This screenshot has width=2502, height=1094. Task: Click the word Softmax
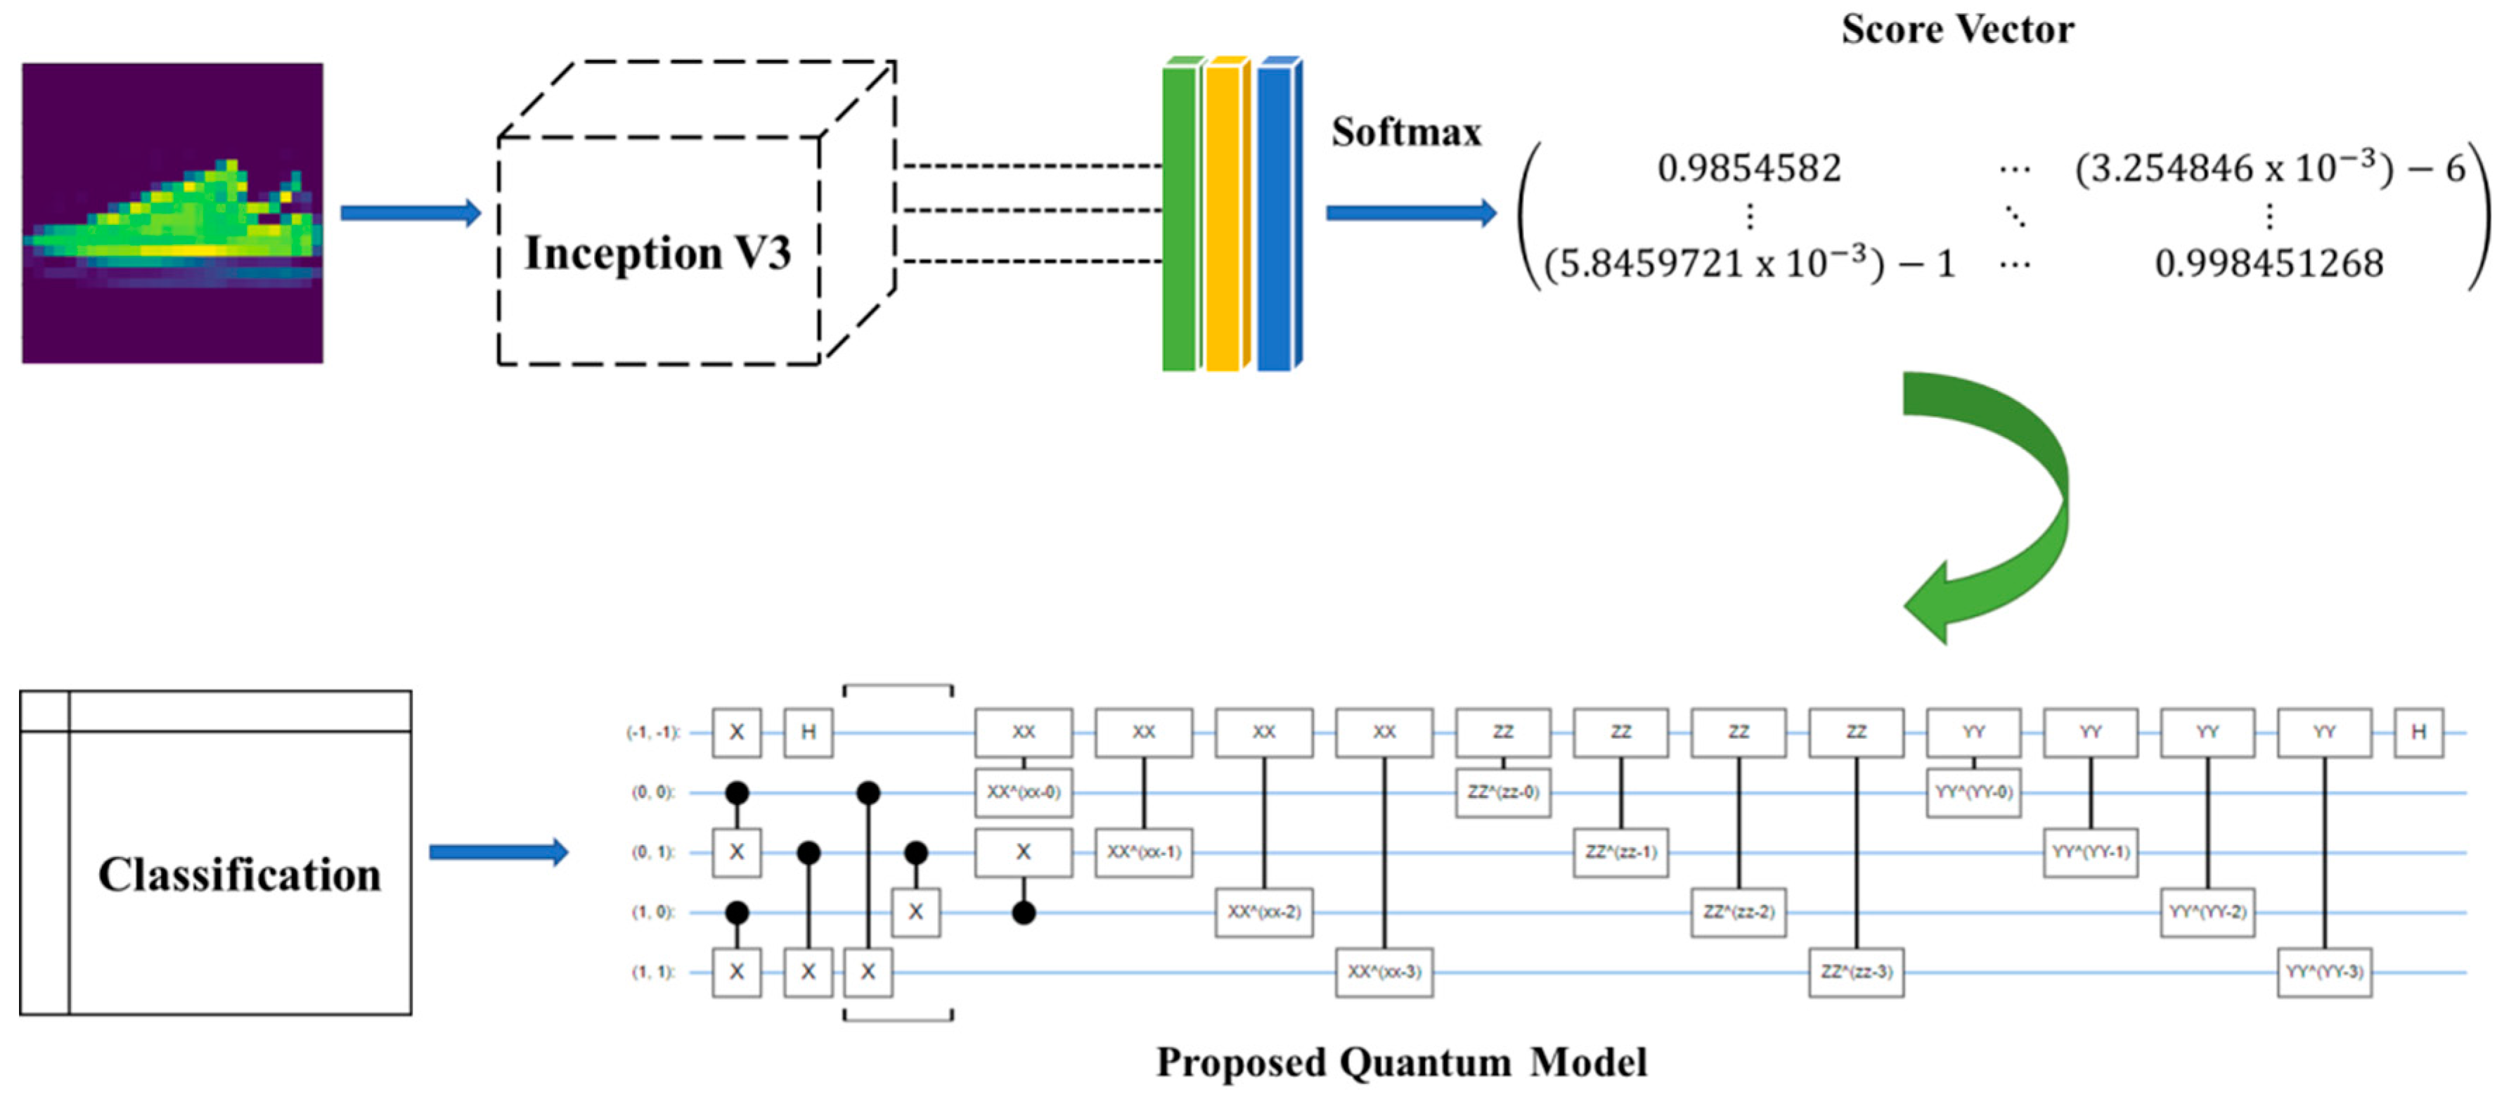pos(1405,132)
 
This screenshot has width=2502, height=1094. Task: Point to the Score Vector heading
pos(1956,29)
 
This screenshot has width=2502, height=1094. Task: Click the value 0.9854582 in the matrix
pos(1748,169)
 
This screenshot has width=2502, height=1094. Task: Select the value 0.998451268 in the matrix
pos(2268,263)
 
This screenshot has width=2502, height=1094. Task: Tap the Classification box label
pos(239,875)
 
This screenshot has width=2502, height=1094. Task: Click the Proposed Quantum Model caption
pos(1400,1062)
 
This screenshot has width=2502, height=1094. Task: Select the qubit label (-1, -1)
pos(652,733)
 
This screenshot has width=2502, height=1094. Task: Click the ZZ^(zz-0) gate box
pos(1502,792)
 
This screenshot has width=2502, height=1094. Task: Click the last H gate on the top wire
pos(2418,733)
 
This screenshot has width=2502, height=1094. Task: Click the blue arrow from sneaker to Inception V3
pos(410,213)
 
